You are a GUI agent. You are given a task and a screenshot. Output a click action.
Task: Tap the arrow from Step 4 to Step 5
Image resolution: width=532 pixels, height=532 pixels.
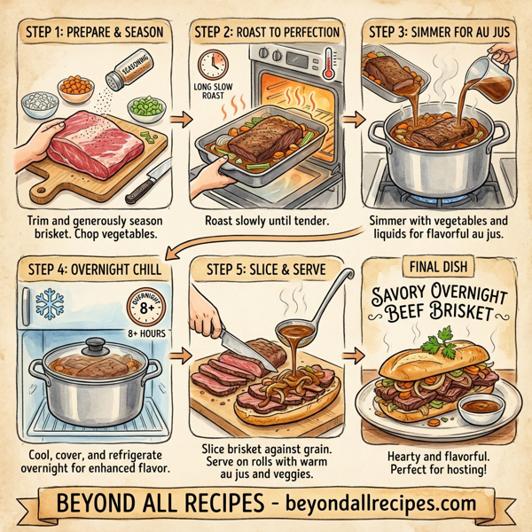point(180,354)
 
